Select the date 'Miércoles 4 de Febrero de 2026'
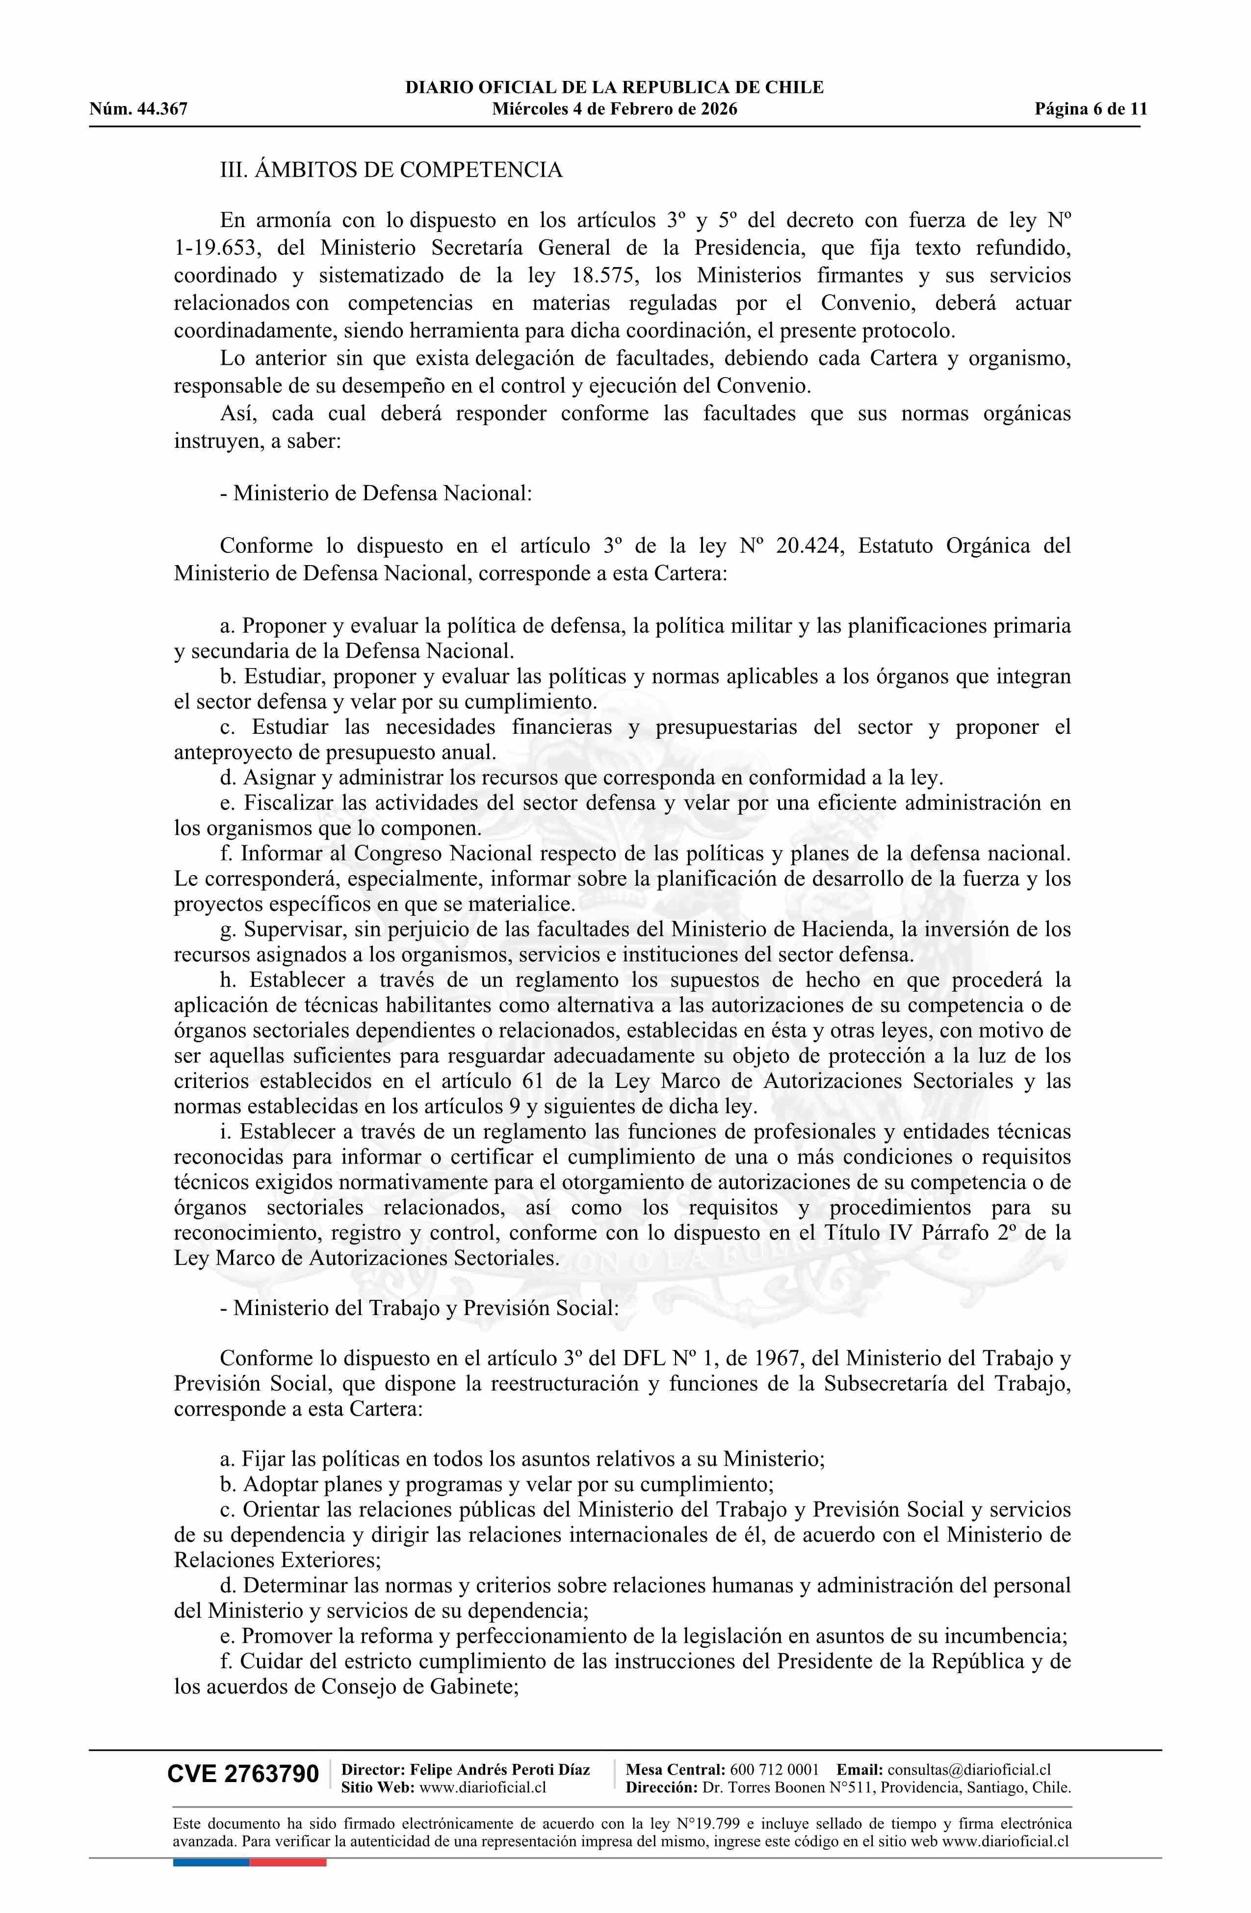tap(614, 109)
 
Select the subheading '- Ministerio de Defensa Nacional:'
tap(375, 492)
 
